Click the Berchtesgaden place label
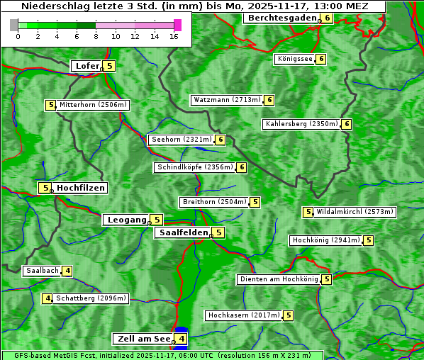[x=281, y=18]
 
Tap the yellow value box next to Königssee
[x=320, y=59]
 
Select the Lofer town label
[x=87, y=66]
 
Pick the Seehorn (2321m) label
[x=182, y=140]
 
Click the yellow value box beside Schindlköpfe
[x=241, y=167]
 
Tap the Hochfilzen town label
[x=81, y=188]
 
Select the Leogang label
[x=126, y=220]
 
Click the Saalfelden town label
[x=183, y=232]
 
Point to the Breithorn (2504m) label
[x=213, y=202]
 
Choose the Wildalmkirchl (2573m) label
[x=355, y=212]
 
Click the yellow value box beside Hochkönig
[x=369, y=240]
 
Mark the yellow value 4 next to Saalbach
[x=67, y=271]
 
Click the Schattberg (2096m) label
[x=90, y=298]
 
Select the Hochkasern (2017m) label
[x=243, y=315]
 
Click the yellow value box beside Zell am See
[x=182, y=339]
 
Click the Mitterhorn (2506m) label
[x=93, y=105]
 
